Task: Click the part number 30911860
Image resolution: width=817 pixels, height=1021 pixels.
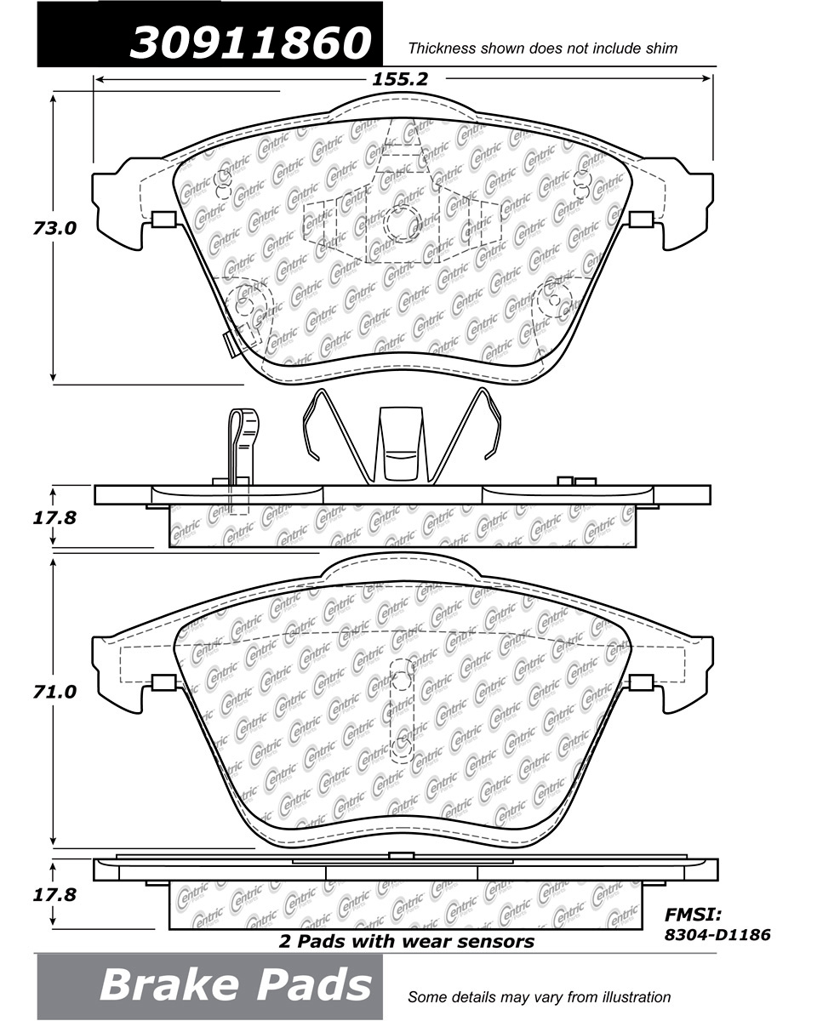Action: tap(250, 43)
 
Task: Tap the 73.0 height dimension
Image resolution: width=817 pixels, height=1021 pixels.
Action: tap(54, 229)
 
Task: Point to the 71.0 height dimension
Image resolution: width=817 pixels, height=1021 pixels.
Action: tap(54, 693)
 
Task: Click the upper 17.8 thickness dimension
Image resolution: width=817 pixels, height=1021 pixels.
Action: tap(54, 517)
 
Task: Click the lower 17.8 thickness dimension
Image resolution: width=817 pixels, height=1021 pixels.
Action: tap(54, 895)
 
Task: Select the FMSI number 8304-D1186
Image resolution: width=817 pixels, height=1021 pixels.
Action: tap(717, 934)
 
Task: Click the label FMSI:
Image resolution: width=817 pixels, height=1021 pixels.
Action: tap(693, 915)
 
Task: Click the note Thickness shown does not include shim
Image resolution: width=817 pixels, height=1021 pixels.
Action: tap(543, 48)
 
